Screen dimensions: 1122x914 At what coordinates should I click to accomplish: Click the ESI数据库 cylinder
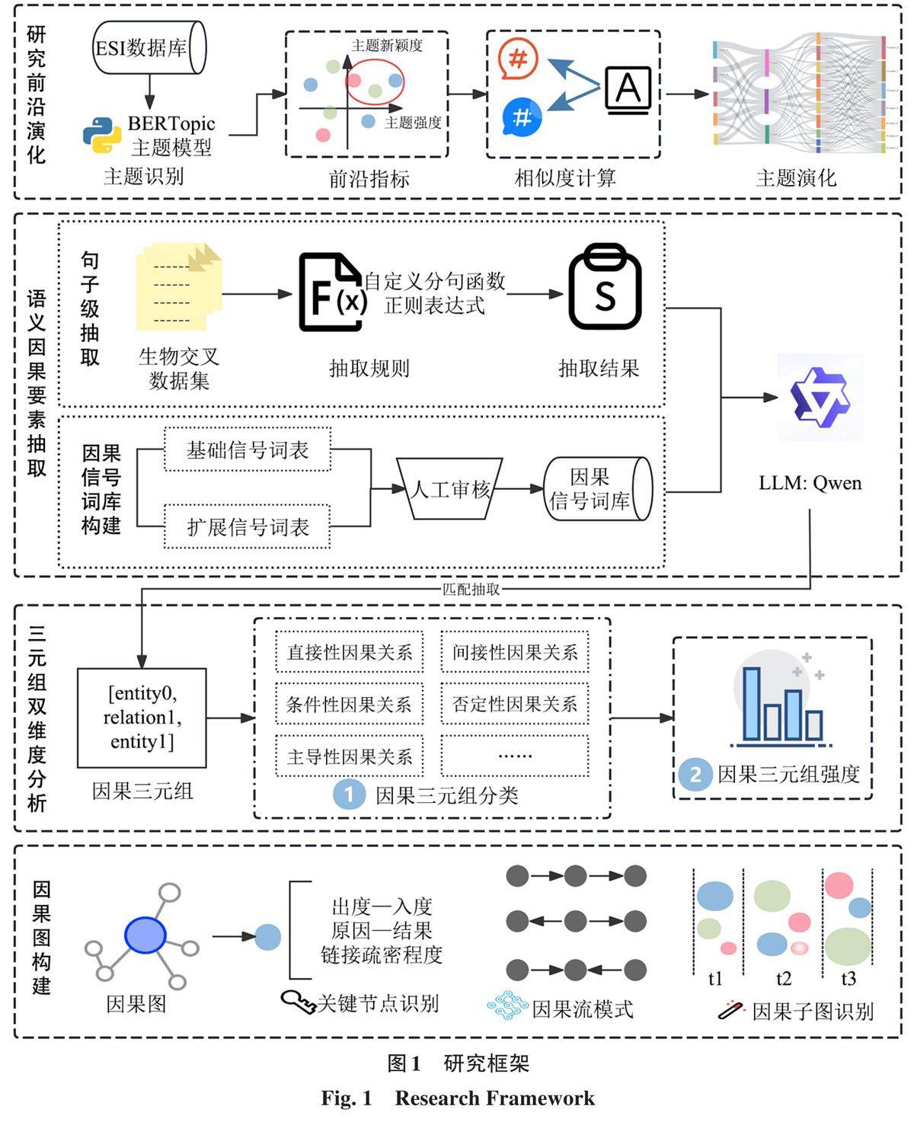click(149, 47)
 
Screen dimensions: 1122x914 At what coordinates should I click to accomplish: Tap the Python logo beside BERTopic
click(102, 136)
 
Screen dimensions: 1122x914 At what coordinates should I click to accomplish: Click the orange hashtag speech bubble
click(519, 59)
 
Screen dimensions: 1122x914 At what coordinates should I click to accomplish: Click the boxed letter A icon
click(628, 89)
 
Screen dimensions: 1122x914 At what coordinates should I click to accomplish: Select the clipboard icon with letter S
click(605, 287)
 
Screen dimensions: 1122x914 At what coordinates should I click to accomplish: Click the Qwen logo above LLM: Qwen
click(820, 398)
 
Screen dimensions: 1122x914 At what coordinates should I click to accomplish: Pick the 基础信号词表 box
click(248, 450)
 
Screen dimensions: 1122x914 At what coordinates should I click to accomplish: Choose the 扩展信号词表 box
click(248, 526)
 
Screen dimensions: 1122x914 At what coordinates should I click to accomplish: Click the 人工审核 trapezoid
click(450, 489)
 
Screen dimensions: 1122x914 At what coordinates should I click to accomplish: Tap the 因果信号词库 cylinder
click(597, 489)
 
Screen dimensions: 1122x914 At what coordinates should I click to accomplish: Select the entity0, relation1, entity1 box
click(142, 718)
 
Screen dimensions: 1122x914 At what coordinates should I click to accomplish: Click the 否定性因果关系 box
click(515, 705)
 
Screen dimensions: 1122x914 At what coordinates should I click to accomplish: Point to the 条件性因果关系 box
click(349, 705)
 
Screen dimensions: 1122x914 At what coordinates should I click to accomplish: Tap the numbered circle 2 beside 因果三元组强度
click(695, 775)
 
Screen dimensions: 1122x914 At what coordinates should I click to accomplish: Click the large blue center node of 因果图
click(145, 935)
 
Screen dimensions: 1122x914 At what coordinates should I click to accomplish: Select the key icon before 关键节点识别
click(298, 1002)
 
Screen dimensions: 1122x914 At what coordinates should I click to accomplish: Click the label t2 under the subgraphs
click(783, 979)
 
